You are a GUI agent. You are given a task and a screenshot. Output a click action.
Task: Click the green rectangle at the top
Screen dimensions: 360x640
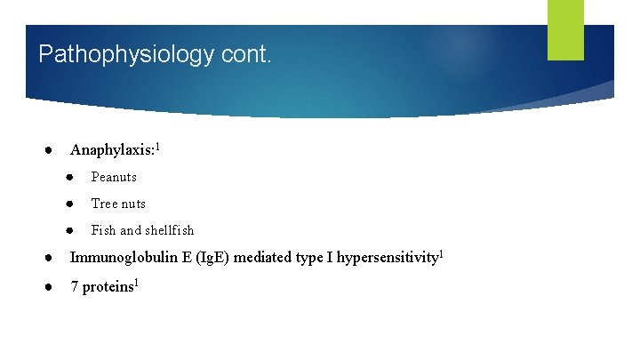click(565, 29)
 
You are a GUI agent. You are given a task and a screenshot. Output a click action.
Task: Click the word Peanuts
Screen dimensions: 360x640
click(114, 177)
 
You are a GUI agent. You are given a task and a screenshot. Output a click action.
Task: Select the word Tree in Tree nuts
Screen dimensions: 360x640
click(104, 204)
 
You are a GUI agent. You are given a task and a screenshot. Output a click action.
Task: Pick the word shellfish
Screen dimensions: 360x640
click(170, 230)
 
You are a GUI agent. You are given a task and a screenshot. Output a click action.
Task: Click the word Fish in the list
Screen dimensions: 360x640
click(103, 230)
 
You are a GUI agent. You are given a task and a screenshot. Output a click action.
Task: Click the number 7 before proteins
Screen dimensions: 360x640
click(75, 288)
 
